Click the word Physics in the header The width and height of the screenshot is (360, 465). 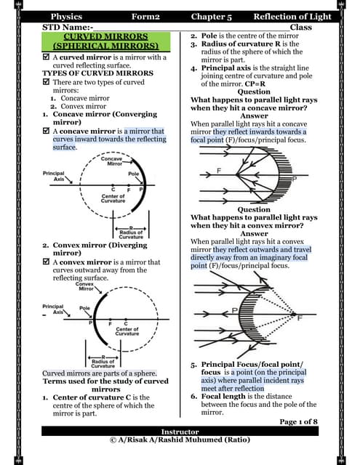[66, 16]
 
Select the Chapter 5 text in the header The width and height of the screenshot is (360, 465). [212, 16]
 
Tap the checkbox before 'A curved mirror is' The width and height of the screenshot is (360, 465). [47, 57]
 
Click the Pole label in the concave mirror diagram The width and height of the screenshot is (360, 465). [133, 174]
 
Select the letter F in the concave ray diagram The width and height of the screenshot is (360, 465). [219, 169]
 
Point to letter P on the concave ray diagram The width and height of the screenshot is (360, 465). [294, 178]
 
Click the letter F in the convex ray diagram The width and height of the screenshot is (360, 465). [299, 318]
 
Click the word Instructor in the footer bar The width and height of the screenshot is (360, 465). [180, 432]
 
